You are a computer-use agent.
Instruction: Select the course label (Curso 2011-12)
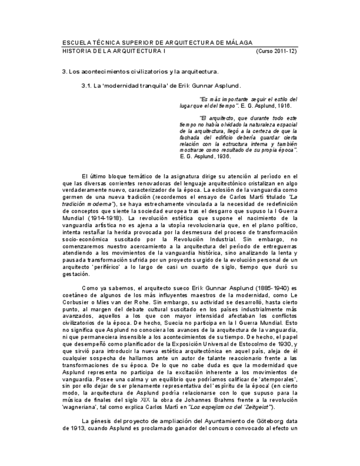(x=276, y=51)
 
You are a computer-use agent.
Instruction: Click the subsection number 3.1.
(x=86, y=86)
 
